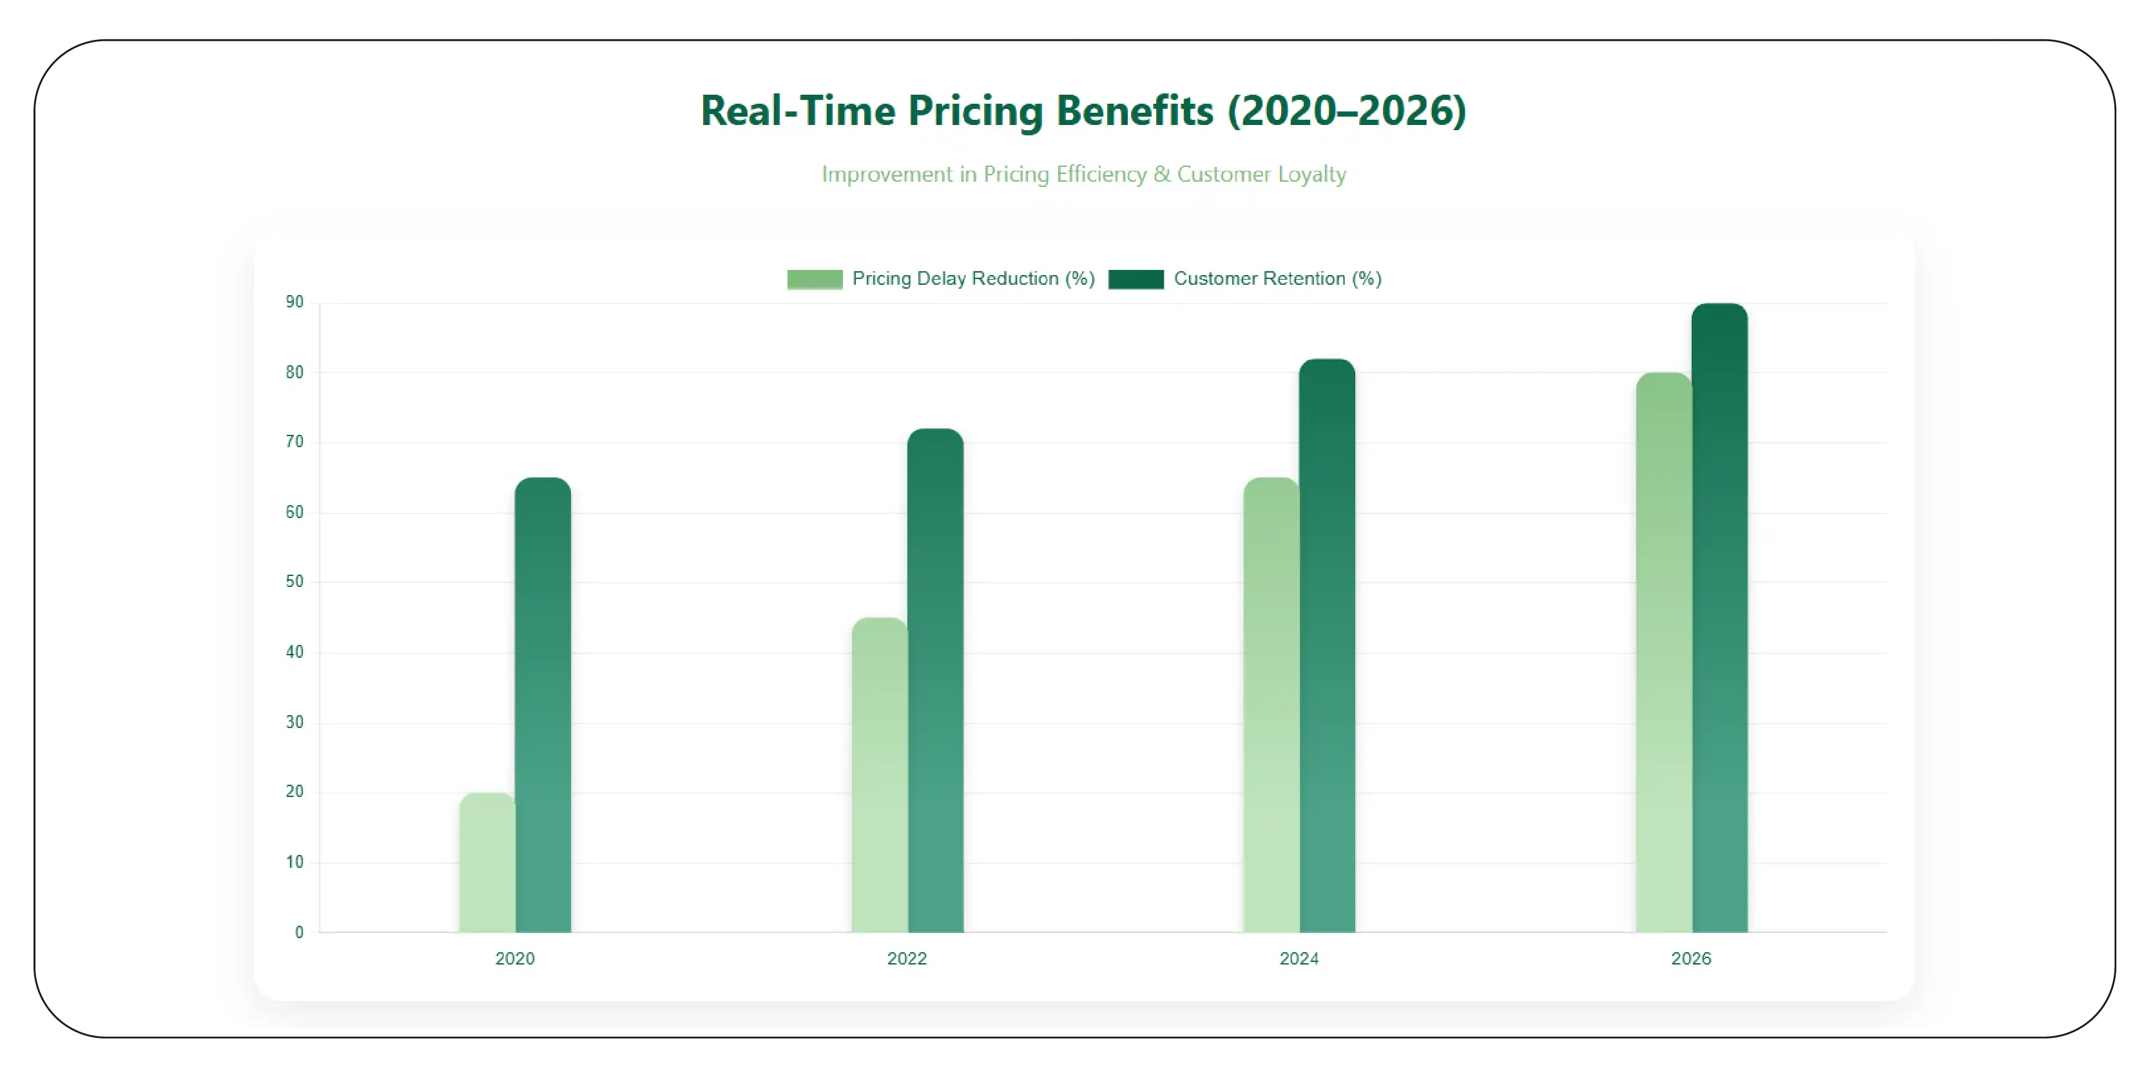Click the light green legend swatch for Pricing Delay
click(x=815, y=279)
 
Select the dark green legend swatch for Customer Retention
click(x=1136, y=279)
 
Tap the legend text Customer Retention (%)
click(x=1277, y=279)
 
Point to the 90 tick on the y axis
click(x=295, y=302)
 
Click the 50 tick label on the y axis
click(x=295, y=582)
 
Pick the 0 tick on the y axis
click(x=299, y=933)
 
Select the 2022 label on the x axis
click(x=906, y=959)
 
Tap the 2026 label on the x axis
click(x=1691, y=959)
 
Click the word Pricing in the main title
click(x=976, y=111)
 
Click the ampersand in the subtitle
click(x=1161, y=175)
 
